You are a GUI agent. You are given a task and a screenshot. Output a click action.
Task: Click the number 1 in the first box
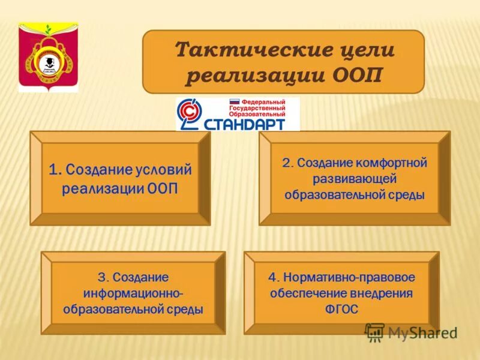click(x=53, y=170)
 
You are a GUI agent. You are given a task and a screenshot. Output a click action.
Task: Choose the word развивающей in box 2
click(x=355, y=179)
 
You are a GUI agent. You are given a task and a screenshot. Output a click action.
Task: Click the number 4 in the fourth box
click(x=272, y=278)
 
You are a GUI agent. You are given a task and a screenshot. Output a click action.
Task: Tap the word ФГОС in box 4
click(x=341, y=310)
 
